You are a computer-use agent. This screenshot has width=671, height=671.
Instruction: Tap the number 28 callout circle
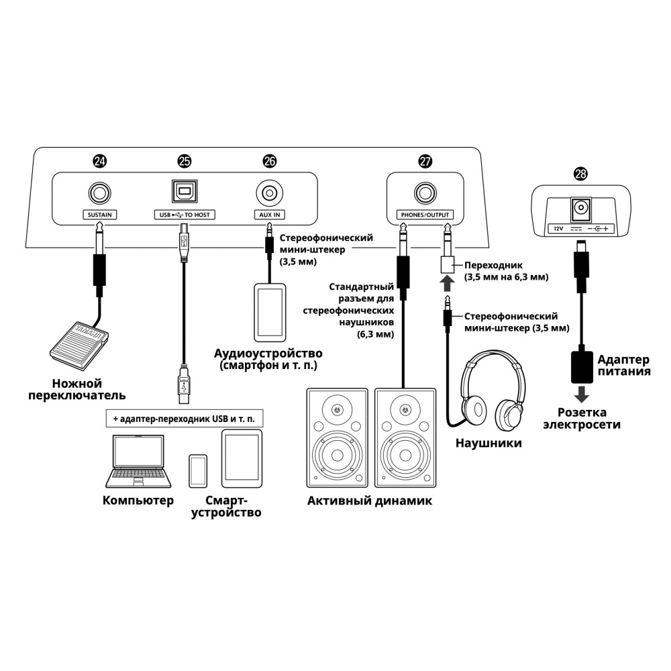pyautogui.click(x=581, y=174)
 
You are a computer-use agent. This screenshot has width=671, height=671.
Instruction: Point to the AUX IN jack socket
pyautogui.click(x=268, y=193)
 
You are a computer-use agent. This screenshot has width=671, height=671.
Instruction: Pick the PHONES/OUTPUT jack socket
pyautogui.click(x=424, y=193)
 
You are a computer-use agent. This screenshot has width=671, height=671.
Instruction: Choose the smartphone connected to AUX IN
pyautogui.click(x=269, y=312)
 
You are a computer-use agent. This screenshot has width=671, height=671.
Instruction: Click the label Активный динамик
pyautogui.click(x=370, y=501)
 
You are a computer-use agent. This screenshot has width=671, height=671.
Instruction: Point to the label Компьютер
pyautogui.click(x=138, y=501)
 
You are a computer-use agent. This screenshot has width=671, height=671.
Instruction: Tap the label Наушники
pyautogui.click(x=488, y=444)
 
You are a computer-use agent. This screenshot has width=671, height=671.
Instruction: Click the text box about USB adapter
pyautogui.click(x=185, y=419)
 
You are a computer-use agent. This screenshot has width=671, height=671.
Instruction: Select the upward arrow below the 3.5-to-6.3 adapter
pyautogui.click(x=445, y=282)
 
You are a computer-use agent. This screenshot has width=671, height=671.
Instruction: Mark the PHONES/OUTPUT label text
pyautogui.click(x=424, y=215)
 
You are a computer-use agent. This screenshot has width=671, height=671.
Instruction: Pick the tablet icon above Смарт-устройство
pyautogui.click(x=242, y=459)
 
